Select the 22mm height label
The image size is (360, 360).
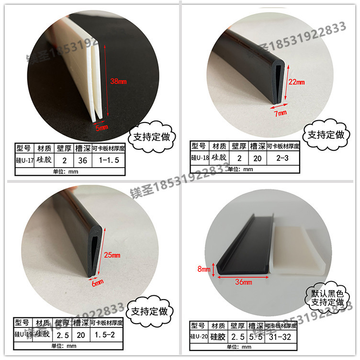point(296,81)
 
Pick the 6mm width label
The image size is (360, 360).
point(97,283)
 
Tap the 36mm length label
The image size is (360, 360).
point(244,282)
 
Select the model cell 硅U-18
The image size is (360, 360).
point(199,157)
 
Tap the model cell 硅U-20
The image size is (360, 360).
point(199,337)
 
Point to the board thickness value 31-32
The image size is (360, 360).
point(282,337)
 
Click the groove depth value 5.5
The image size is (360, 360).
point(256,337)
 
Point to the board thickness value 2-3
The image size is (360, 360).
point(282,157)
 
